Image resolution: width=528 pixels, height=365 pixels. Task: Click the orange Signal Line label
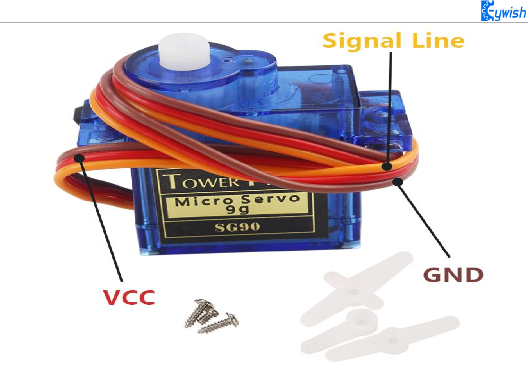pyautogui.click(x=393, y=40)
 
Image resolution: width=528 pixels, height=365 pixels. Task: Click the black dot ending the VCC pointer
pyautogui.click(x=80, y=159)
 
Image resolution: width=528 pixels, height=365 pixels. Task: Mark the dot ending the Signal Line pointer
pyautogui.click(x=388, y=166)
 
